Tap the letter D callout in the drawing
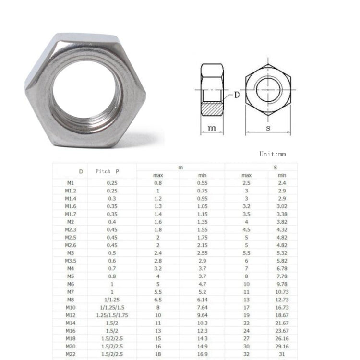[x=237, y=95]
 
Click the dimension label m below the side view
[x=212, y=127]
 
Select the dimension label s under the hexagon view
[x=268, y=127]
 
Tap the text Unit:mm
[x=272, y=154]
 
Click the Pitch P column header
[x=108, y=171]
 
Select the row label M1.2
[x=71, y=191]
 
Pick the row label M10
[x=71, y=307]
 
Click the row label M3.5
[x=71, y=260]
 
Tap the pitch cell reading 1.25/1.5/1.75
[x=112, y=315]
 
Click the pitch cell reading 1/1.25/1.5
[x=112, y=307]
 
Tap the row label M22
[x=71, y=354]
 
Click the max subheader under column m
[x=157, y=175]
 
